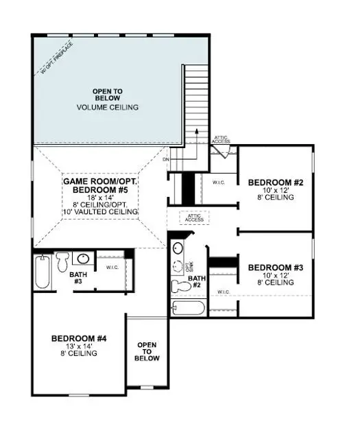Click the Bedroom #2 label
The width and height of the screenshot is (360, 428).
click(271, 182)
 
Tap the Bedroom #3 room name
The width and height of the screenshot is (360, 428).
click(271, 267)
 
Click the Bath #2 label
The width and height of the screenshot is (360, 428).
click(197, 281)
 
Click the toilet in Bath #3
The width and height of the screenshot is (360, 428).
click(62, 260)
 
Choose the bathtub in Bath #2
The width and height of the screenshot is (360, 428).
click(189, 307)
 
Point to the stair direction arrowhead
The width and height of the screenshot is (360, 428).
click(195, 130)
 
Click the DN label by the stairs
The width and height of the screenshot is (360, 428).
click(166, 160)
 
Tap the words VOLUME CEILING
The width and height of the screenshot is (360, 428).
click(108, 107)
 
